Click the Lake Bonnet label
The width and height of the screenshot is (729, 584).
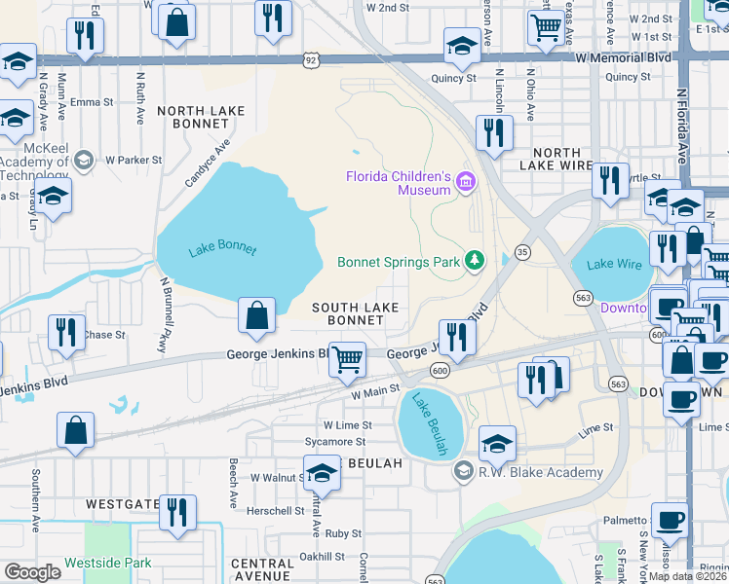pyautogui.click(x=222, y=249)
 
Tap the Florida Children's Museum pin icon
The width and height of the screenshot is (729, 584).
pyautogui.click(x=465, y=182)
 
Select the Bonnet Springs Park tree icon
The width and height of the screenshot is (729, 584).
pyautogui.click(x=474, y=261)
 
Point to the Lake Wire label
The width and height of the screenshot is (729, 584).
pyautogui.click(x=612, y=263)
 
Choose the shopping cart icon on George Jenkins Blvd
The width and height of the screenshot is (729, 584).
pyautogui.click(x=347, y=359)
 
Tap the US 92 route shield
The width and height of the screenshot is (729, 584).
pyautogui.click(x=310, y=60)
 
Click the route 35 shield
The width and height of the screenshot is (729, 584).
pyautogui.click(x=522, y=251)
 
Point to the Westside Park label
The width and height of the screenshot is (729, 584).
pyautogui.click(x=108, y=563)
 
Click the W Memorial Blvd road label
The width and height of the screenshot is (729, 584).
pyautogui.click(x=623, y=57)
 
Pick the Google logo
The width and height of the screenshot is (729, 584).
pyautogui.click(x=31, y=571)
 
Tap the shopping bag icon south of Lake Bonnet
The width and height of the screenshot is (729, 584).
pyautogui.click(x=255, y=316)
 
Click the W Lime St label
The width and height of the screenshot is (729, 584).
pyautogui.click(x=347, y=425)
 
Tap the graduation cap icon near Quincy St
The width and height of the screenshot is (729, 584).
pyautogui.click(x=462, y=45)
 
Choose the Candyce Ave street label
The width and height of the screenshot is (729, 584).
pyautogui.click(x=208, y=163)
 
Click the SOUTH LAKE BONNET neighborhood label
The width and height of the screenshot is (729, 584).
pyautogui.click(x=355, y=313)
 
